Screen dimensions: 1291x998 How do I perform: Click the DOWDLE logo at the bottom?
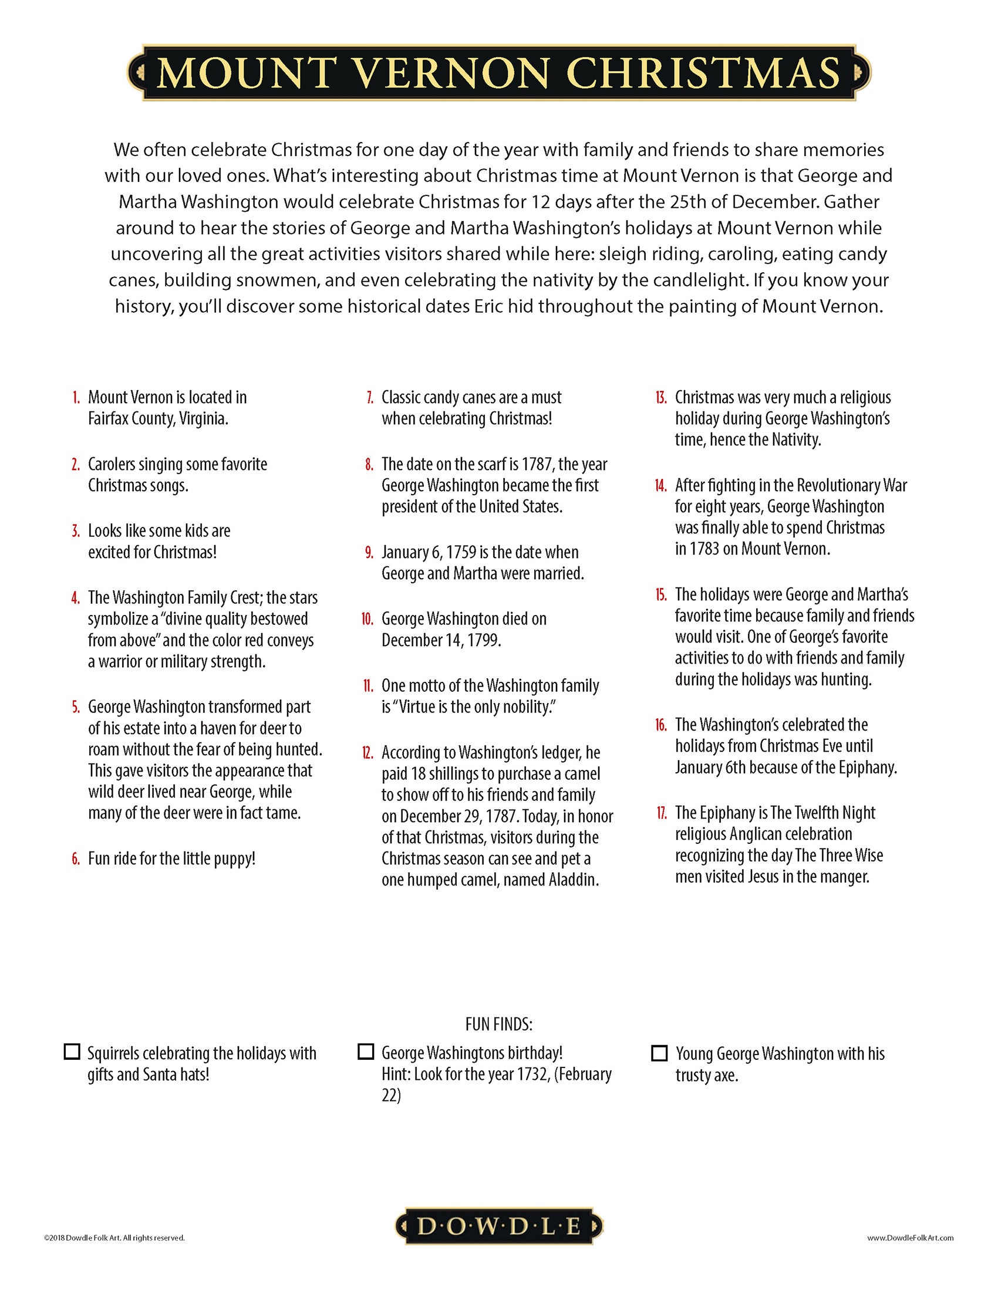coord(499,1227)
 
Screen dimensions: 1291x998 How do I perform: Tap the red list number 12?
coord(367,752)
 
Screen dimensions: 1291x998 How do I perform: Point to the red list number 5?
coord(75,707)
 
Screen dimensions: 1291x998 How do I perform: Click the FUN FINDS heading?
coord(499,1024)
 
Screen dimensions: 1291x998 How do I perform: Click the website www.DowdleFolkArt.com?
coord(911,1238)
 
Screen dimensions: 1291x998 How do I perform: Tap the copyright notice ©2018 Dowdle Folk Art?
coord(114,1238)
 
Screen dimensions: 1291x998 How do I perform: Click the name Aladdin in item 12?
coord(577,880)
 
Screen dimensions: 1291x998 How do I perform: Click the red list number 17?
coord(661,813)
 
